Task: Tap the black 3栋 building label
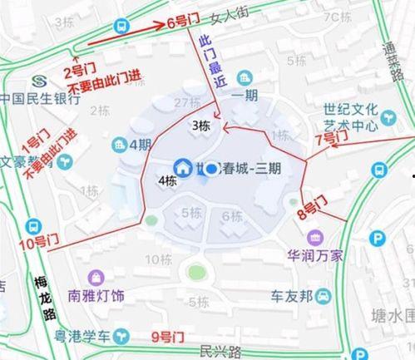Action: [x=200, y=126]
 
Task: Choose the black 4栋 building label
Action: [x=166, y=180]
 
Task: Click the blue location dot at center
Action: [x=212, y=169]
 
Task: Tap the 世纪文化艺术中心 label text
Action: [x=353, y=116]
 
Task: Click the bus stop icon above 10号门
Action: [x=33, y=225]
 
